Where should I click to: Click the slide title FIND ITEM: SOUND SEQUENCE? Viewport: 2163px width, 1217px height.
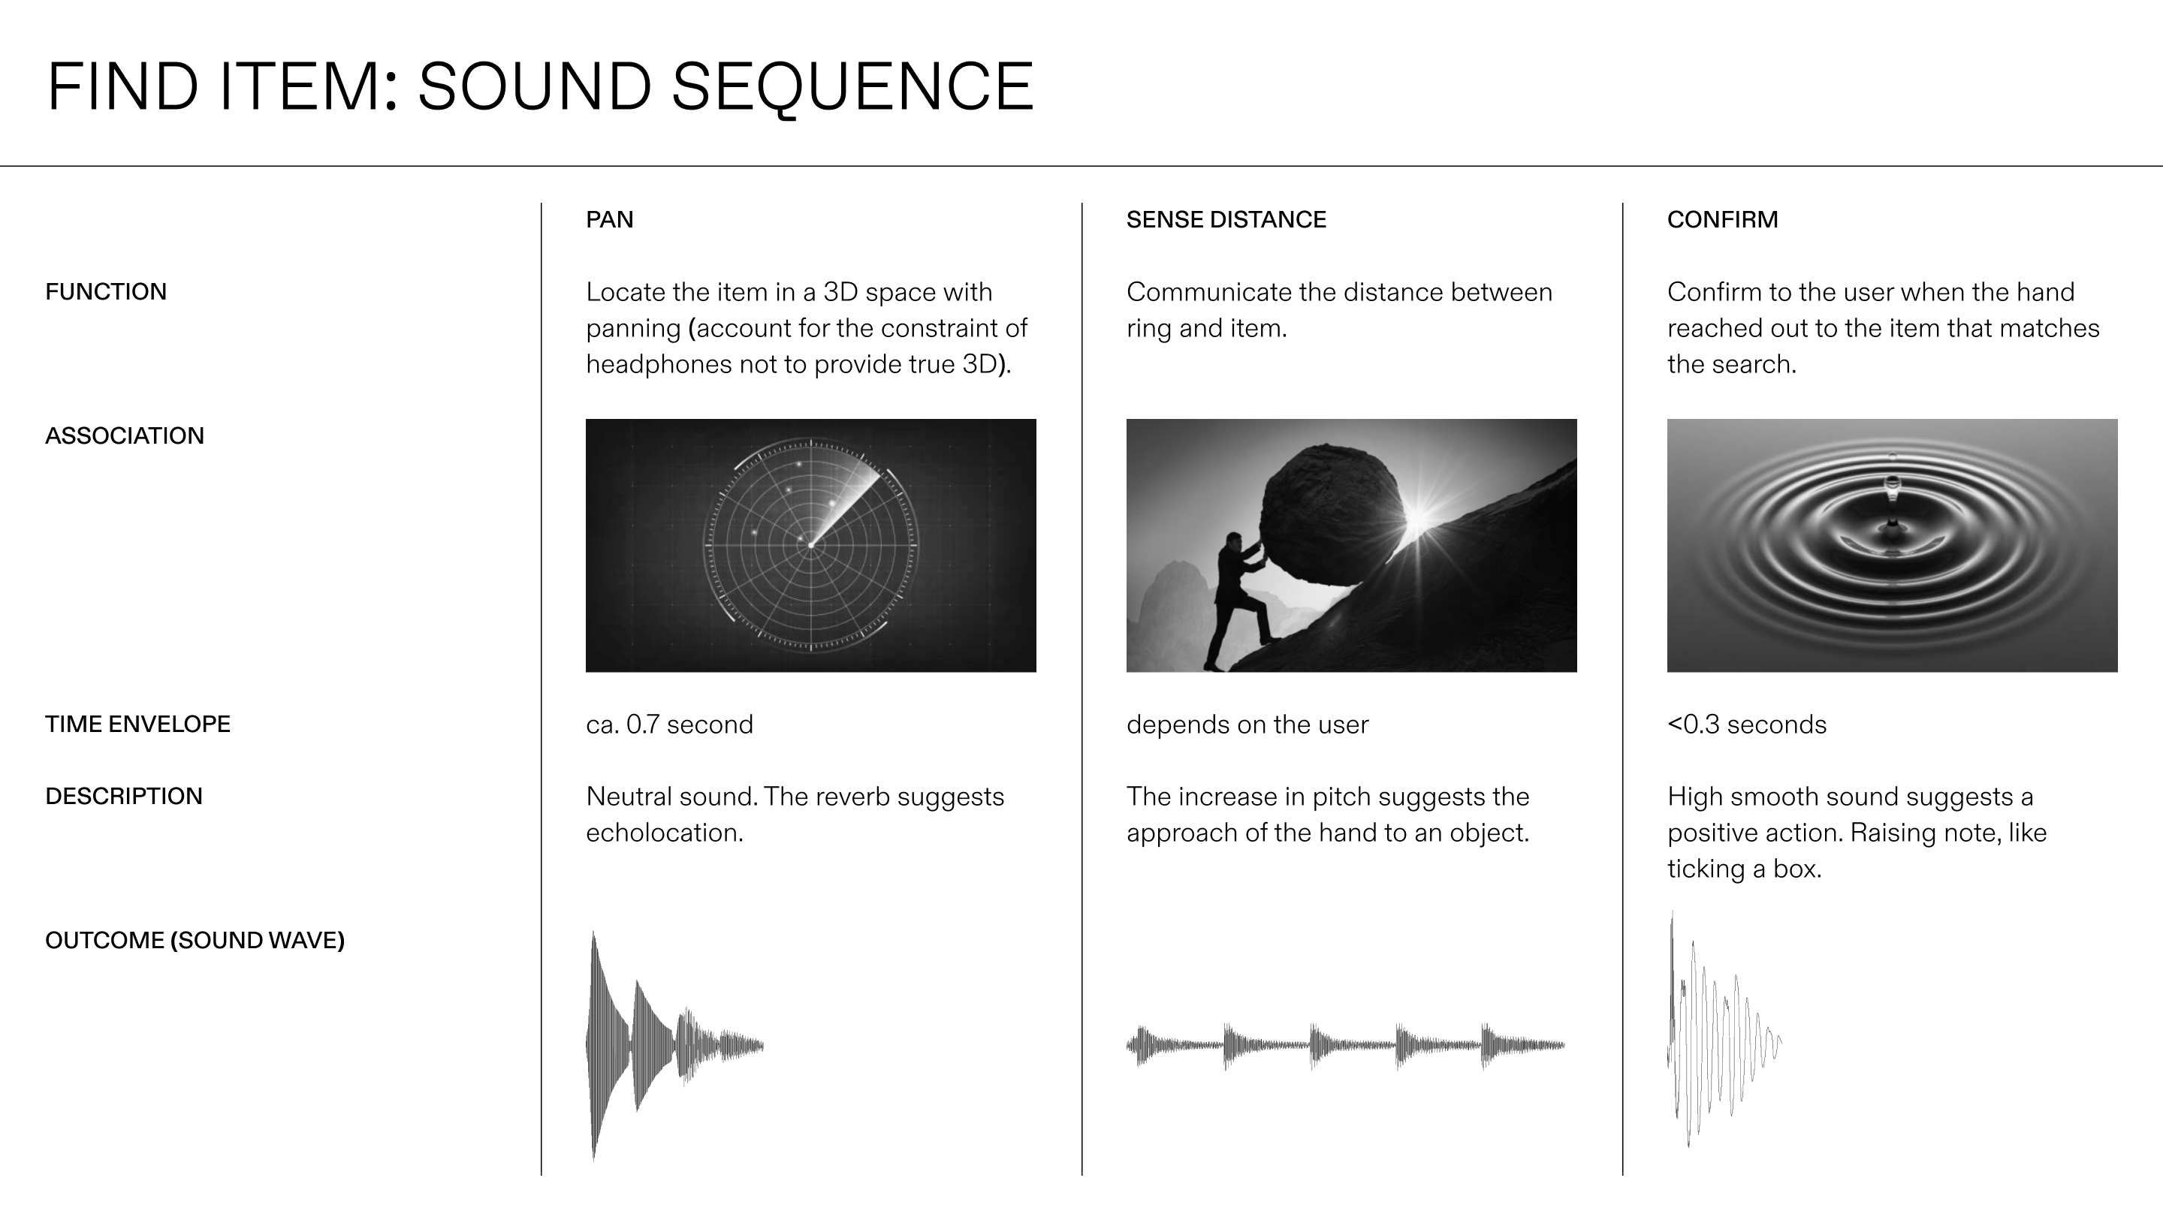[540, 86]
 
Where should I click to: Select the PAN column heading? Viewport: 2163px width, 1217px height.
[610, 220]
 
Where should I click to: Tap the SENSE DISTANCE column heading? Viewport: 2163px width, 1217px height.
[1226, 220]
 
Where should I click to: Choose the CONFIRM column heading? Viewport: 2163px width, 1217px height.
[1722, 220]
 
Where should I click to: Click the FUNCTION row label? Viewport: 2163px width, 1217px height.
[106, 292]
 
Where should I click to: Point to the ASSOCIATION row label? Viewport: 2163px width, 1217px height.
[124, 436]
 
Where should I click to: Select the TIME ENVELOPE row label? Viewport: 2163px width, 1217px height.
[137, 724]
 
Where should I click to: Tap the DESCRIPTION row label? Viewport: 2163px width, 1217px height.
[123, 797]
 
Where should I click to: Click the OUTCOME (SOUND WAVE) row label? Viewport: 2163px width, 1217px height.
[195, 941]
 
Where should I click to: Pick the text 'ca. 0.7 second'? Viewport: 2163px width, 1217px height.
[669, 724]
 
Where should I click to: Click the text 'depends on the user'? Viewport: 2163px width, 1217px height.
[1247, 724]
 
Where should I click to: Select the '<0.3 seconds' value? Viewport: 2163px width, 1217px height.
[1746, 724]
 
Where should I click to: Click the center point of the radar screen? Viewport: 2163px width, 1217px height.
[811, 546]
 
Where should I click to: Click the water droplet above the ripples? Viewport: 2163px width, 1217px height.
[1893, 484]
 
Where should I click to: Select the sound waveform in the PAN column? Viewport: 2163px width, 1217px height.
[675, 1046]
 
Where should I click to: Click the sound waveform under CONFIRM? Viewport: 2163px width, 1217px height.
[1724, 1030]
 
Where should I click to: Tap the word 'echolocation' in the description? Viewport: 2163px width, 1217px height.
[663, 833]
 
